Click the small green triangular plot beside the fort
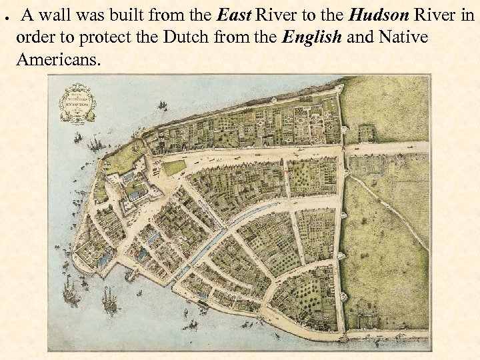pos(175,167)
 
